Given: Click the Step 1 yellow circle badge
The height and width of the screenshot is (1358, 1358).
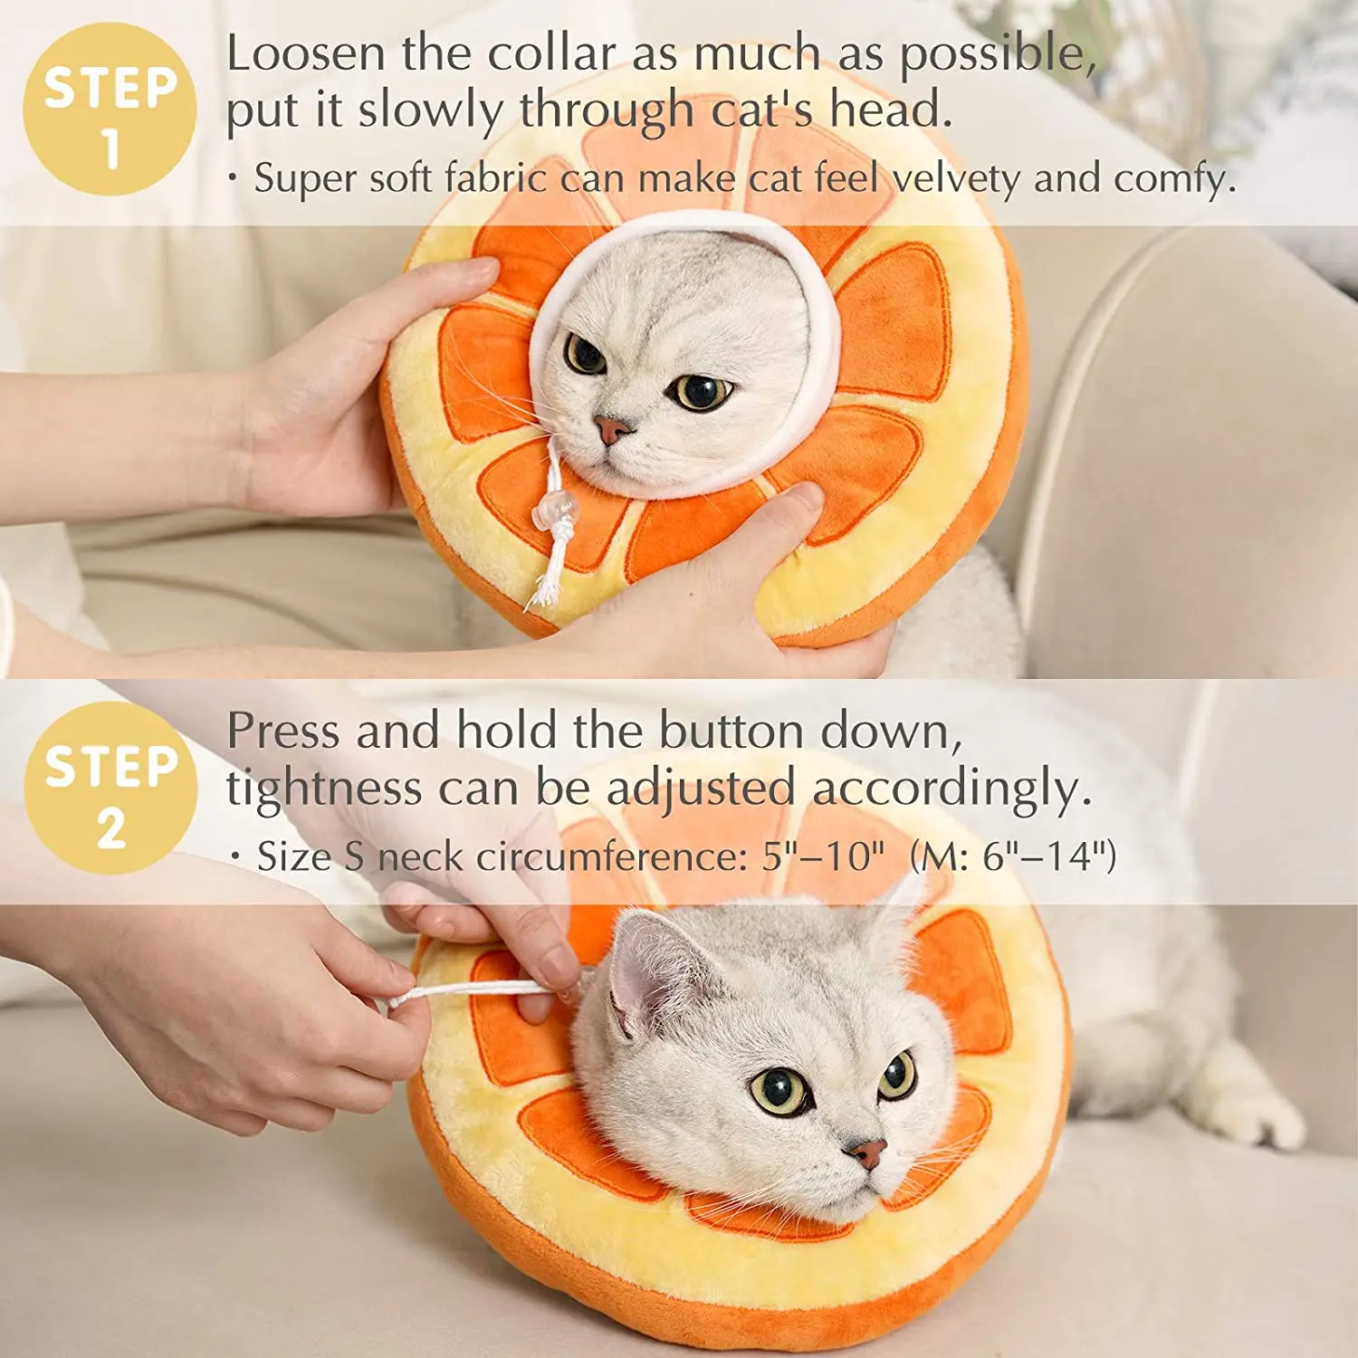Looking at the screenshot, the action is pos(110,110).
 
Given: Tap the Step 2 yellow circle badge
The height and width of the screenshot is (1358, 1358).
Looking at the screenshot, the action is pos(110,788).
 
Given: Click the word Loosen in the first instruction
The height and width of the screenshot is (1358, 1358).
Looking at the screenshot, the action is pos(306,53).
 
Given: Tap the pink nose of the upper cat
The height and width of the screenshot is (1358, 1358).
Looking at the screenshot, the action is pos(612,427).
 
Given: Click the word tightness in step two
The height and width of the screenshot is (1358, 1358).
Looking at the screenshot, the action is pos(323,789).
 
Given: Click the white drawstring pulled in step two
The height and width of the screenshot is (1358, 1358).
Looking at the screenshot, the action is pos(471,991).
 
